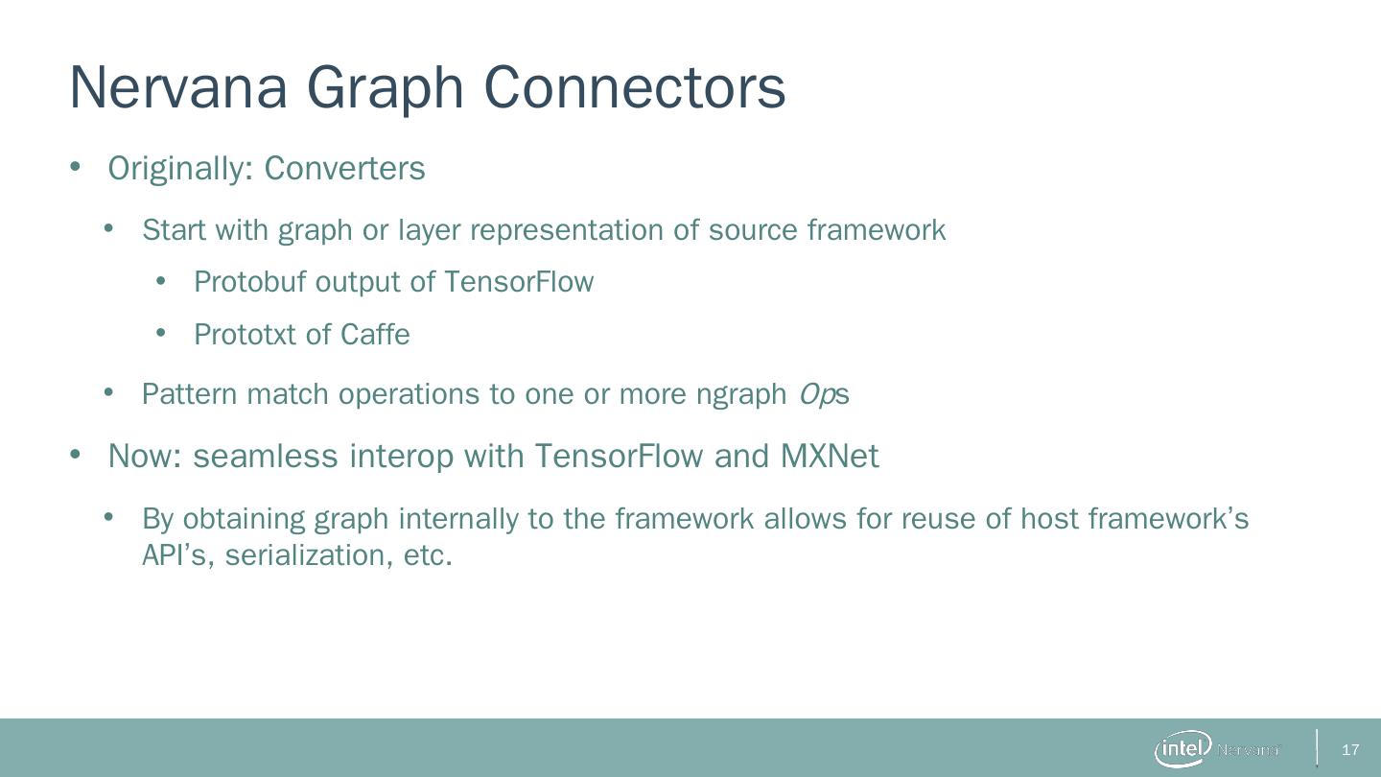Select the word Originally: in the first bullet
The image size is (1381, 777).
180,169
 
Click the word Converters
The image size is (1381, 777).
344,168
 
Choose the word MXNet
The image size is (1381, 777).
829,456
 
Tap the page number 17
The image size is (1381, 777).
1350,750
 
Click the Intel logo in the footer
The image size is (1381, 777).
1182,749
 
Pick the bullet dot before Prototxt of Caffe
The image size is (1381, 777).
161,334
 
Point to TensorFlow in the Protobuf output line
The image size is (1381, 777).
519,282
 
